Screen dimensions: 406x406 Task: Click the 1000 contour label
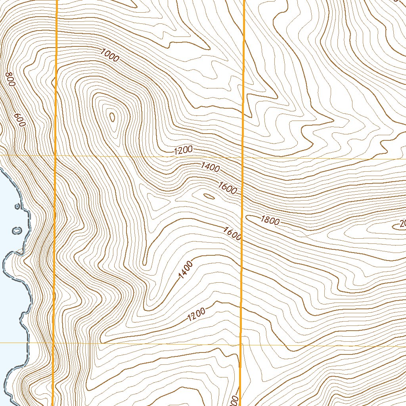pos(110,55)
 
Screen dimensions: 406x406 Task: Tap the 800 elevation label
pos(11,80)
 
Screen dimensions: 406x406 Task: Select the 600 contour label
pos(19,120)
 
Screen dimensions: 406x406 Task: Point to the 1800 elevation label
pos(270,220)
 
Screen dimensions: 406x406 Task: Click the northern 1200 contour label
pos(183,150)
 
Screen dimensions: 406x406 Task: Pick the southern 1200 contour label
pos(196,314)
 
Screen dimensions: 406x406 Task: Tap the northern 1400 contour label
pos(210,167)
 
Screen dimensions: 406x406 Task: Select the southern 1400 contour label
pos(185,270)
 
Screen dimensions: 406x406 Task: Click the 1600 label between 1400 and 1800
pos(227,188)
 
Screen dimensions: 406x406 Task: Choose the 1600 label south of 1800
pos(232,233)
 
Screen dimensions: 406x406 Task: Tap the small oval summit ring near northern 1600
pos(209,196)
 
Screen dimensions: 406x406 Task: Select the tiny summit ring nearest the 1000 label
pos(112,117)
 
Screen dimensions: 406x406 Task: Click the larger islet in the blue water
pos(17,230)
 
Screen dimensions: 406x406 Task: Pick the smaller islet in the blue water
pos(17,206)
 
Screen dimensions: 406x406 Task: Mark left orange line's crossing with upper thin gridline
pos(56,156)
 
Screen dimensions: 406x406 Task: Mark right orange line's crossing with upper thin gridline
pos(242,158)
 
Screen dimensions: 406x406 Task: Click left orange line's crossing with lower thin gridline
pos(54,343)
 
